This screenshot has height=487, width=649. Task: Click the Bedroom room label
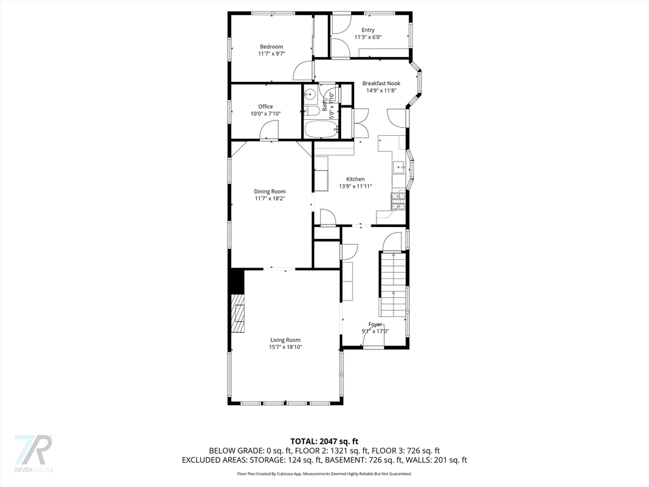click(271, 46)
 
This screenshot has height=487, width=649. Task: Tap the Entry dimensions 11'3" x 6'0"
click(368, 37)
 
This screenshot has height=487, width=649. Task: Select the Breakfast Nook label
click(381, 83)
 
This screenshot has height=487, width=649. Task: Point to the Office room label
click(265, 107)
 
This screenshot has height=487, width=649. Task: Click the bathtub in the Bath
click(321, 129)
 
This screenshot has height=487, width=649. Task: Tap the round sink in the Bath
click(310, 95)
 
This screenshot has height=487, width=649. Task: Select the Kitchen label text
click(355, 179)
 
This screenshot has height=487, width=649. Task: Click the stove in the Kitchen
click(399, 202)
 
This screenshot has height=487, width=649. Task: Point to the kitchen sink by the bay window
click(399, 167)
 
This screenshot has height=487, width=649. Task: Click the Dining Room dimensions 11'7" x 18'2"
click(270, 198)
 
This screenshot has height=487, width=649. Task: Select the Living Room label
click(285, 340)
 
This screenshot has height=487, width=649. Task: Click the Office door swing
click(269, 131)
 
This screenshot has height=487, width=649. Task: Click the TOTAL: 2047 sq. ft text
click(324, 441)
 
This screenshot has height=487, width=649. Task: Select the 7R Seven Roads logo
click(33, 453)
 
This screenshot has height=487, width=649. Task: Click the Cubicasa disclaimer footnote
click(324, 474)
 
